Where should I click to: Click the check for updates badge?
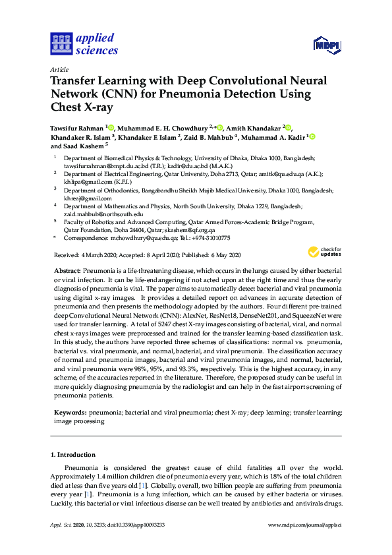pos(324,252)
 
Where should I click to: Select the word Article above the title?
pos(59,69)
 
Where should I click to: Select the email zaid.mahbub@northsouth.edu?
pos(103,214)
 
